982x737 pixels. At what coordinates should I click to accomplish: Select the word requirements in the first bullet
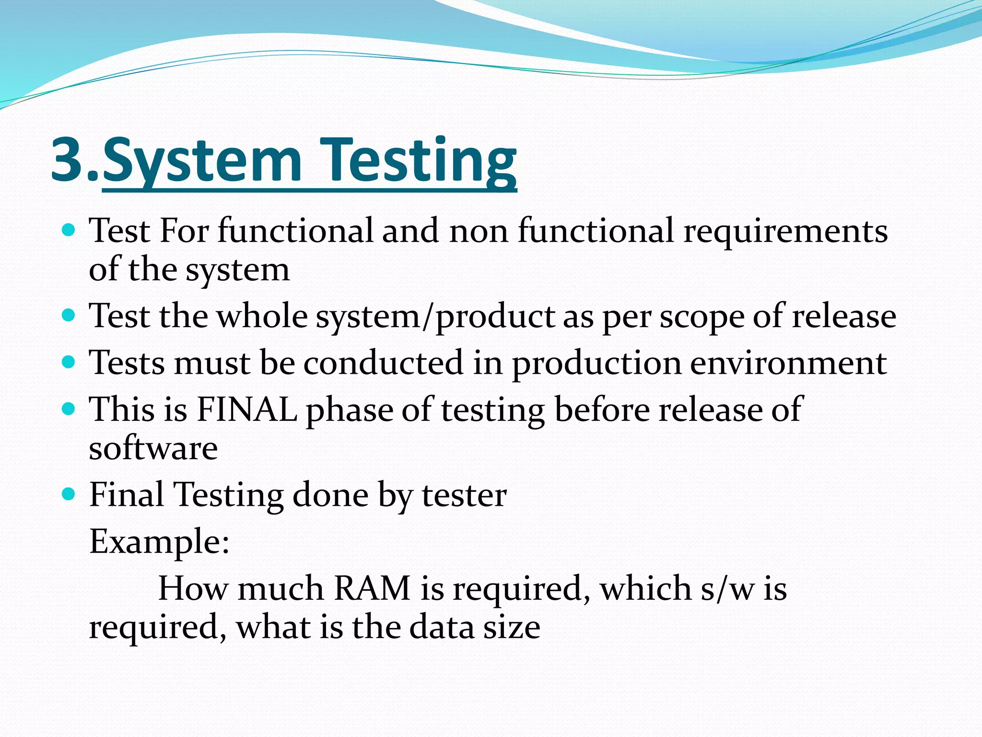coord(785,231)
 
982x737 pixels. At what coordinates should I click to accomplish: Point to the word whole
coord(262,316)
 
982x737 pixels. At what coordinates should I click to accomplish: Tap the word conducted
coord(383,363)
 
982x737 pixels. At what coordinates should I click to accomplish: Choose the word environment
coord(788,363)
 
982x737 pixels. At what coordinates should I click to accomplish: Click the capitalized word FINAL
coord(246,409)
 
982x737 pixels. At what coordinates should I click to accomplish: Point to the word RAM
coord(372,588)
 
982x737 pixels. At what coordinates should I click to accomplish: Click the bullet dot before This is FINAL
coord(69,409)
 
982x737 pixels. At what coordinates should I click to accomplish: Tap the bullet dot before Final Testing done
coord(69,494)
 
